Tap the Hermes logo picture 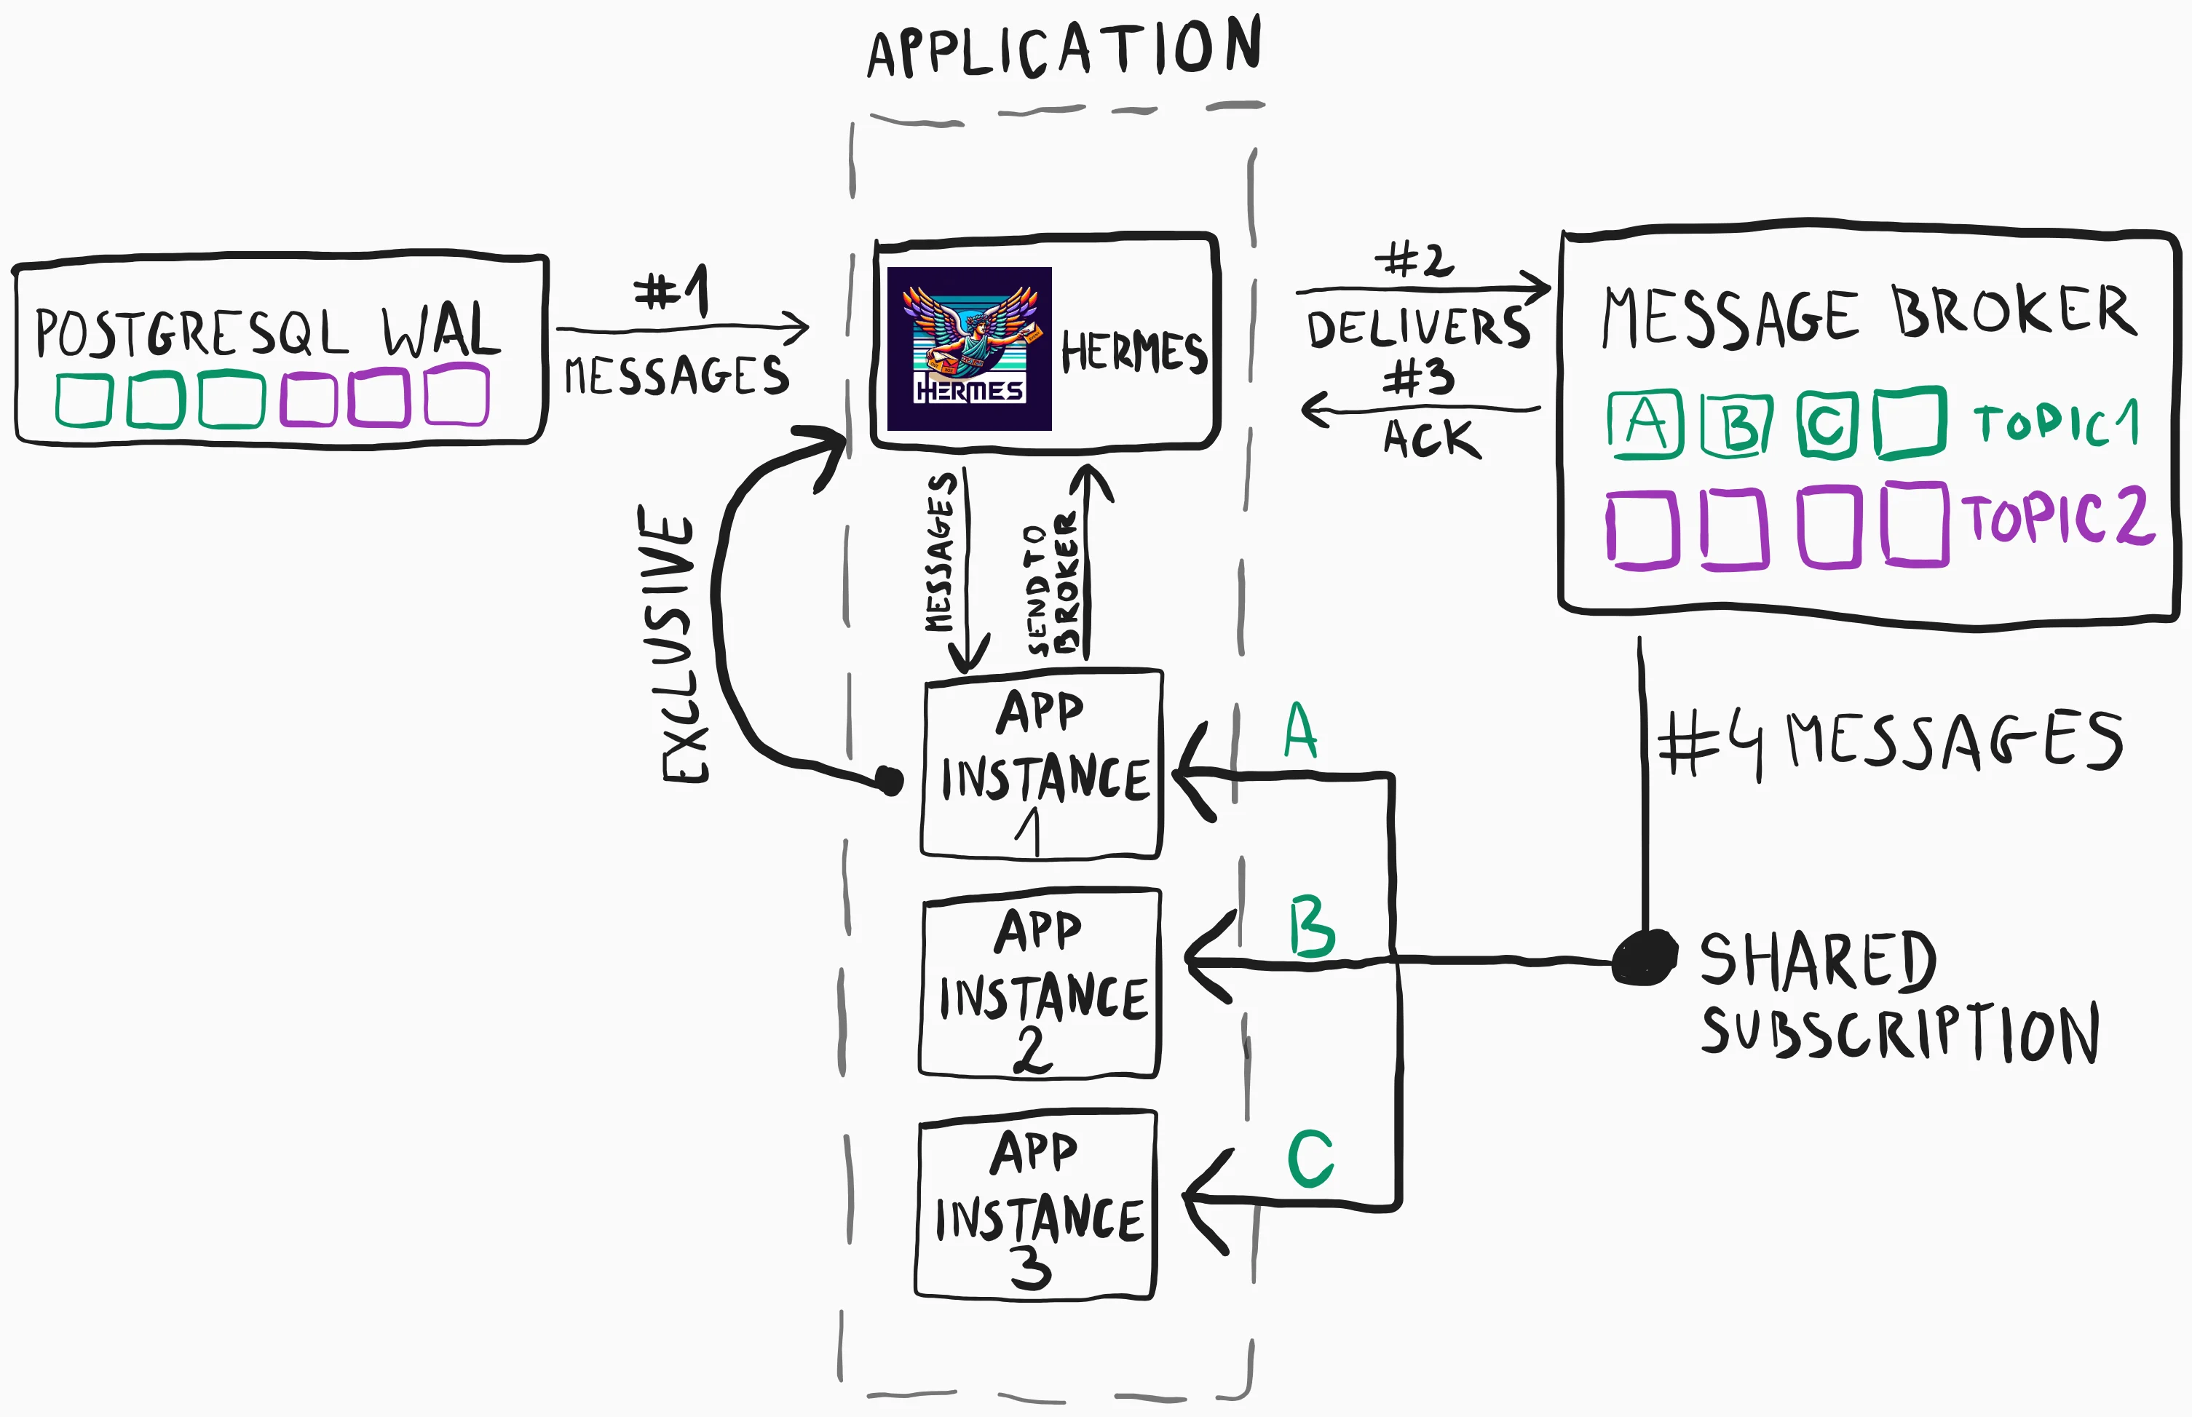point(969,349)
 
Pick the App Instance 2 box point(1040,983)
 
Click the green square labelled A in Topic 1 point(1645,424)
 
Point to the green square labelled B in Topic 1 point(1736,425)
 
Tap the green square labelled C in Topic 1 point(1827,424)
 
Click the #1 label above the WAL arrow point(673,292)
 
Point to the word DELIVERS point(1418,328)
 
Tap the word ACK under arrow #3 point(1431,438)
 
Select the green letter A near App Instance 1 point(1300,731)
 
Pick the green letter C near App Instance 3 point(1310,1159)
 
